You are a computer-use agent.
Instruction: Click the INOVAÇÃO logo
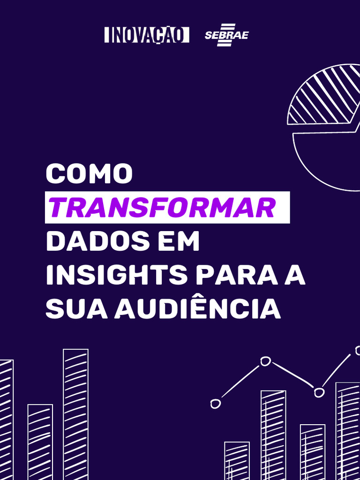(147, 35)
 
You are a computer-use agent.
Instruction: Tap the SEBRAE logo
(226, 35)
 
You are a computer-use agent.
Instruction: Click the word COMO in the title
(89, 174)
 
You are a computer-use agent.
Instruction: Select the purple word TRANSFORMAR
(162, 208)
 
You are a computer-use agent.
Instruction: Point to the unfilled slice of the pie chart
(328, 159)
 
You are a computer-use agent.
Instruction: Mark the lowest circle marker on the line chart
(216, 404)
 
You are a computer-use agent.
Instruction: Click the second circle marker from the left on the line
(266, 361)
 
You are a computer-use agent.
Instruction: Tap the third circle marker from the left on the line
(319, 392)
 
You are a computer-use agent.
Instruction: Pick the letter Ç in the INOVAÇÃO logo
(158, 36)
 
